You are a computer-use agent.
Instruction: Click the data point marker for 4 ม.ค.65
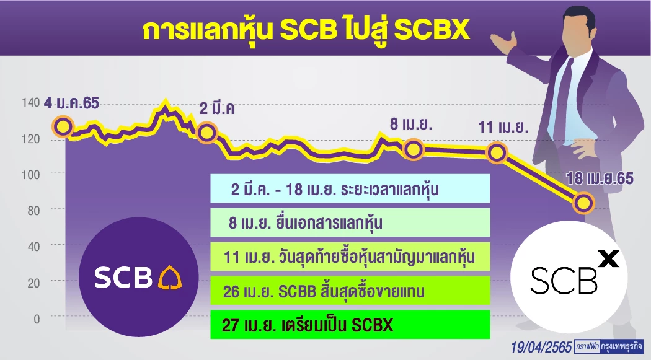click(63, 126)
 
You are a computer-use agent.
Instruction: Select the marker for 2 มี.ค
click(206, 133)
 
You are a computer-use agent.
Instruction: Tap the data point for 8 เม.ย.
click(413, 149)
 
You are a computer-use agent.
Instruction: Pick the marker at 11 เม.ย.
click(497, 152)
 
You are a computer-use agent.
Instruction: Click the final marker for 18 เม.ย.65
click(584, 203)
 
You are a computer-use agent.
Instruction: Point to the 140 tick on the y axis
click(31, 102)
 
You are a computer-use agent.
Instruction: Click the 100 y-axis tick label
click(31, 175)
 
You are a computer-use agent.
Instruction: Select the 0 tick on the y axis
click(37, 319)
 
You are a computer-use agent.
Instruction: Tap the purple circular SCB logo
click(139, 277)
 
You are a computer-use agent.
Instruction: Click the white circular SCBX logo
click(569, 277)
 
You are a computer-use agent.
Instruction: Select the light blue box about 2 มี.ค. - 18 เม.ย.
click(350, 188)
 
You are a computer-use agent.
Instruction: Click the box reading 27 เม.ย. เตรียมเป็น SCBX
click(350, 324)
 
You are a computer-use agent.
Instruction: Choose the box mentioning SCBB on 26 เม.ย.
click(350, 291)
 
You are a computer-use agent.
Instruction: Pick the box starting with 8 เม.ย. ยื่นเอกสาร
click(350, 222)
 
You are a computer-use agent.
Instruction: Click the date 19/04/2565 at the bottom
click(541, 347)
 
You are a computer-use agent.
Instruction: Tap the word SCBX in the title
click(432, 30)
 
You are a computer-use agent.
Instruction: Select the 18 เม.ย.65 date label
click(600, 178)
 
